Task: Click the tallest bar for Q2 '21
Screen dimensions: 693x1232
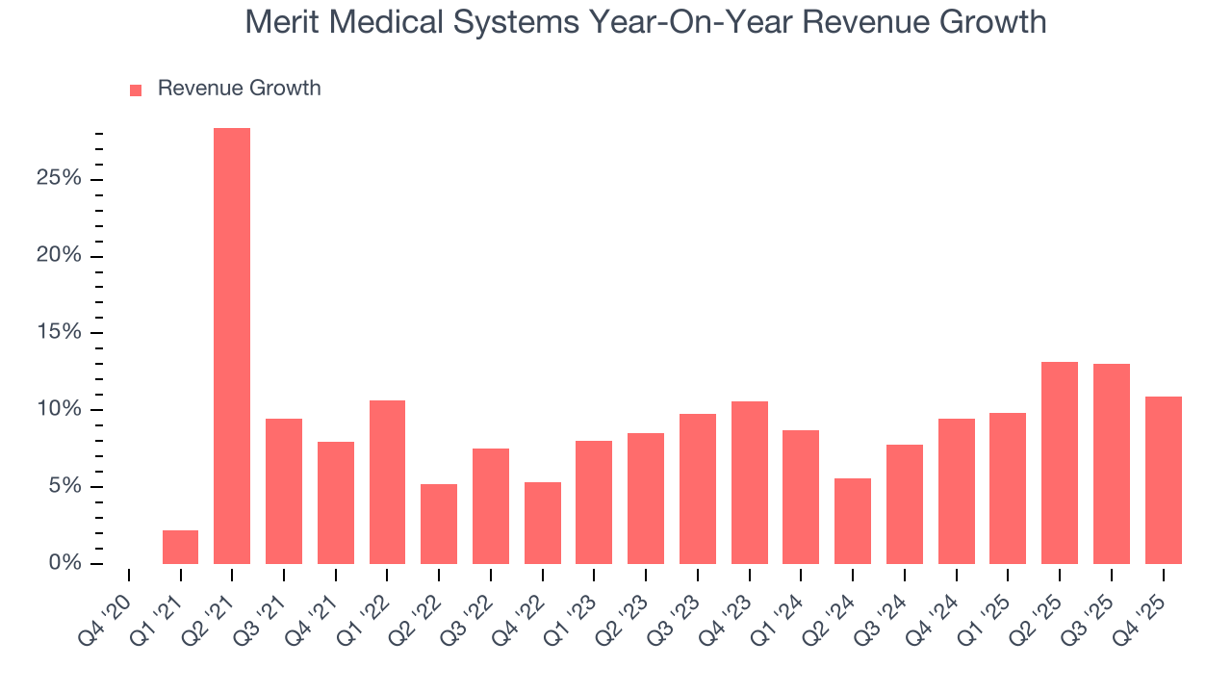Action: pos(232,346)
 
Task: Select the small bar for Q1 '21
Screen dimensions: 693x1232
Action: pos(180,547)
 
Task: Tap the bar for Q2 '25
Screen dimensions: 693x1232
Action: pos(1060,463)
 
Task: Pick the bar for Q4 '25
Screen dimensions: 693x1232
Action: pos(1163,480)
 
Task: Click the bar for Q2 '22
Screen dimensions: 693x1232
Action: pos(439,524)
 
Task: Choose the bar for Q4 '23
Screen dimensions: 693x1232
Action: pos(749,482)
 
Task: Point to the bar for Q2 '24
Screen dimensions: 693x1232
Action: pos(853,521)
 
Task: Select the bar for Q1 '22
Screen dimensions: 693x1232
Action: pos(387,482)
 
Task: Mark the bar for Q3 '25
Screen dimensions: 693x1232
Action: pos(1111,464)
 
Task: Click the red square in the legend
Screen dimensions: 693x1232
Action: pos(136,90)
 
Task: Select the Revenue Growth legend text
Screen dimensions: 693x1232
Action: pos(239,89)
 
